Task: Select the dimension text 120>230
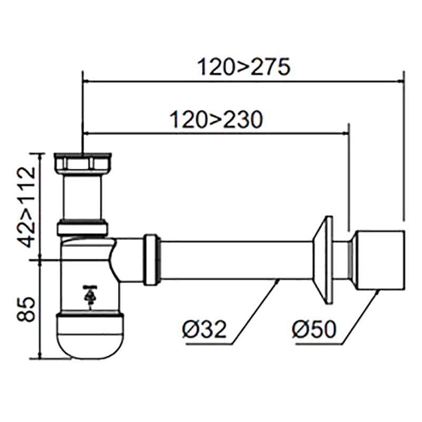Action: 216,120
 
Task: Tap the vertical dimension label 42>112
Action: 28,206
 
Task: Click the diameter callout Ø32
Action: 204,329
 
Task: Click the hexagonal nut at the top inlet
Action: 83,162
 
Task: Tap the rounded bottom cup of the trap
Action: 91,335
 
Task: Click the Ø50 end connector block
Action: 380,260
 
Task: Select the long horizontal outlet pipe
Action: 237,260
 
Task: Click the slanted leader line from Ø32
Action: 256,312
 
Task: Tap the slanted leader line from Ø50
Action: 361,317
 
